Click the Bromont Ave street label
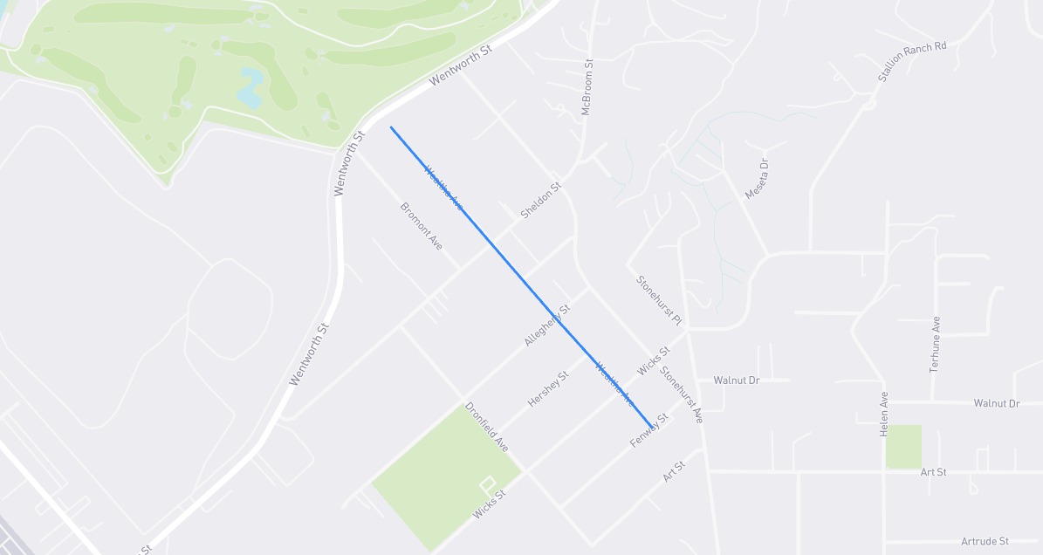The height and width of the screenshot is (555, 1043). click(422, 226)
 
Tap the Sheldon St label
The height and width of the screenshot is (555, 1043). click(541, 200)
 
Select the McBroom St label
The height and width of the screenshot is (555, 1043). click(587, 87)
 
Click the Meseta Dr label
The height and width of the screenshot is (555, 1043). click(757, 179)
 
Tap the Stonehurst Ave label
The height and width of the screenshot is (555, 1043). click(682, 394)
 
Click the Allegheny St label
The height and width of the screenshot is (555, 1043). click(547, 325)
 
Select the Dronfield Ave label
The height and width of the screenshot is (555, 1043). click(487, 427)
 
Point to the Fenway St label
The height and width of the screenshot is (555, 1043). click(649, 432)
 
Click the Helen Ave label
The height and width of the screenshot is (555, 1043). click(884, 414)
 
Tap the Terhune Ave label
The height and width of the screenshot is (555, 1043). click(935, 345)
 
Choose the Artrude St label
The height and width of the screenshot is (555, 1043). click(985, 542)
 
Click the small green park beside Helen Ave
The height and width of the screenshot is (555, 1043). click(903, 447)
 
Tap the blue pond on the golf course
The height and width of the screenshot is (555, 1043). click(250, 87)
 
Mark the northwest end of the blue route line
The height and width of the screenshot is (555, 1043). click(391, 127)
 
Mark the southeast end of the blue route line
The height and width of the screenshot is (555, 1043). click(650, 427)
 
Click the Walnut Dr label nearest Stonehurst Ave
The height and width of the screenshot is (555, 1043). click(737, 380)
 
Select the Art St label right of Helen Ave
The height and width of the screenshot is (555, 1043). click(933, 472)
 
